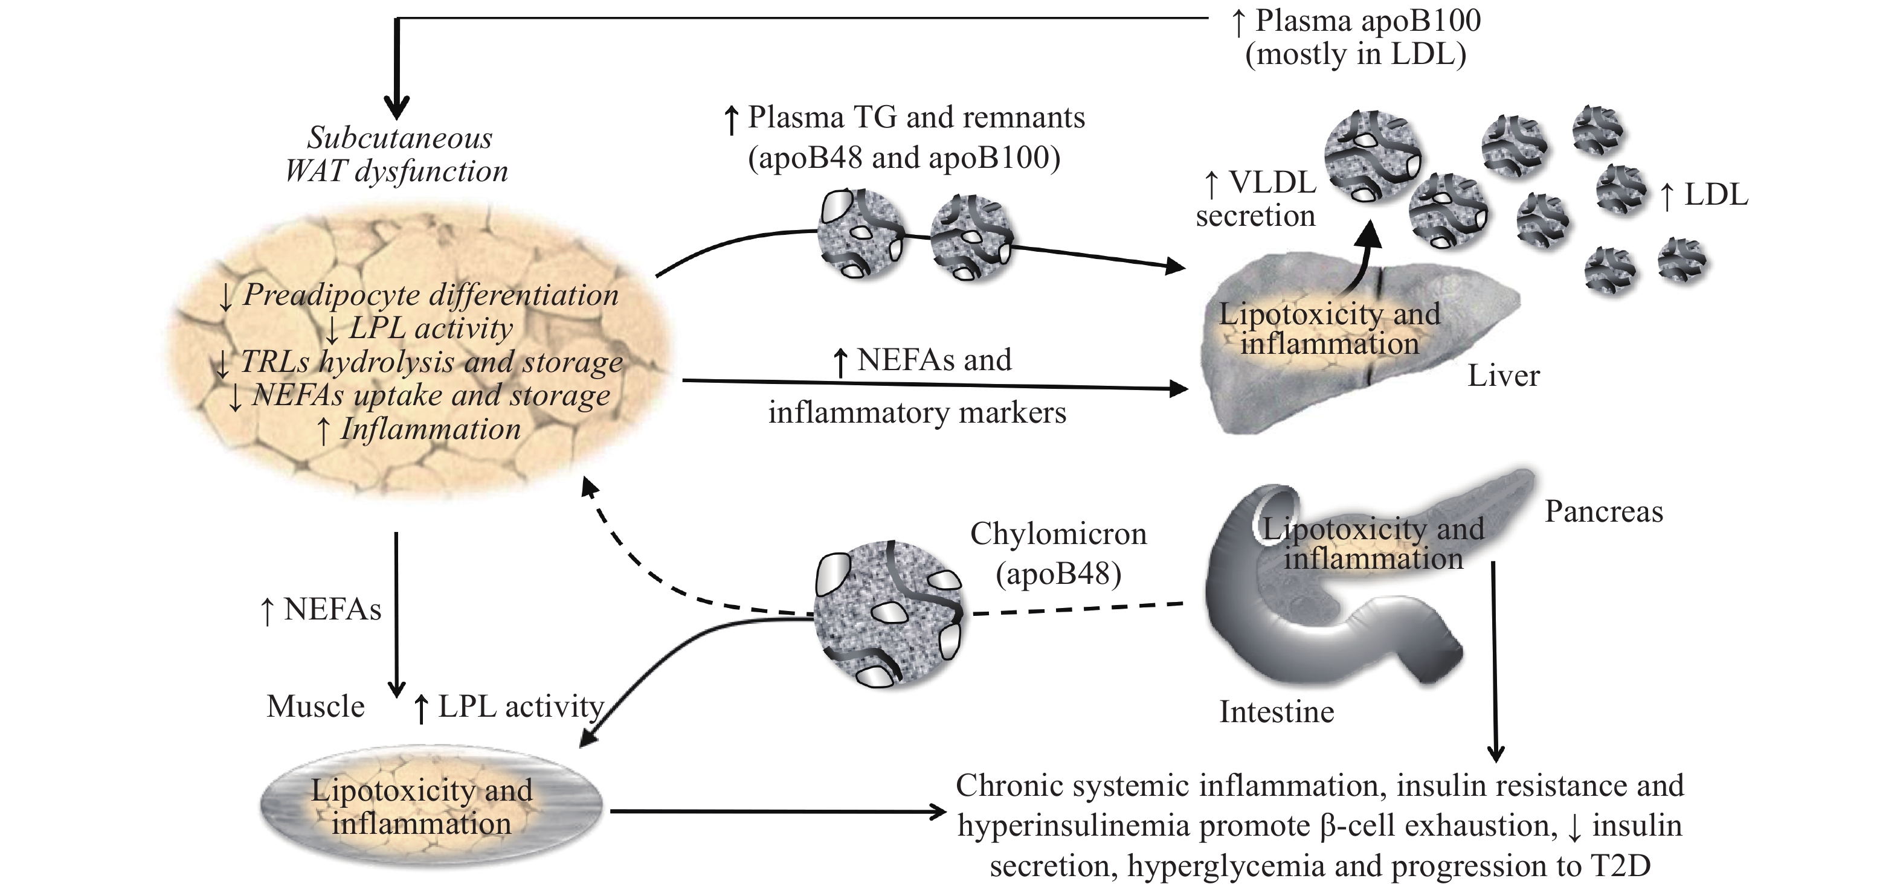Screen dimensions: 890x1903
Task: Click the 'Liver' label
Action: [1502, 376]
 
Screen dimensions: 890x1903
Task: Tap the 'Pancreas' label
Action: [1603, 511]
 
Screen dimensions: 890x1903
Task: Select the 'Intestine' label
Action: [1276, 712]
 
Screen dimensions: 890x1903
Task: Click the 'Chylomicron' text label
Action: [1058, 534]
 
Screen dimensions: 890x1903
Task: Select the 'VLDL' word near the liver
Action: [1272, 182]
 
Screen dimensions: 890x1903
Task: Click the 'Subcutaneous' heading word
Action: [400, 138]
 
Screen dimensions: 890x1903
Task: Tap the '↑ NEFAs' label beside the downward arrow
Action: [321, 610]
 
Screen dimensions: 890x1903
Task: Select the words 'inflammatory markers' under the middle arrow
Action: [917, 413]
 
